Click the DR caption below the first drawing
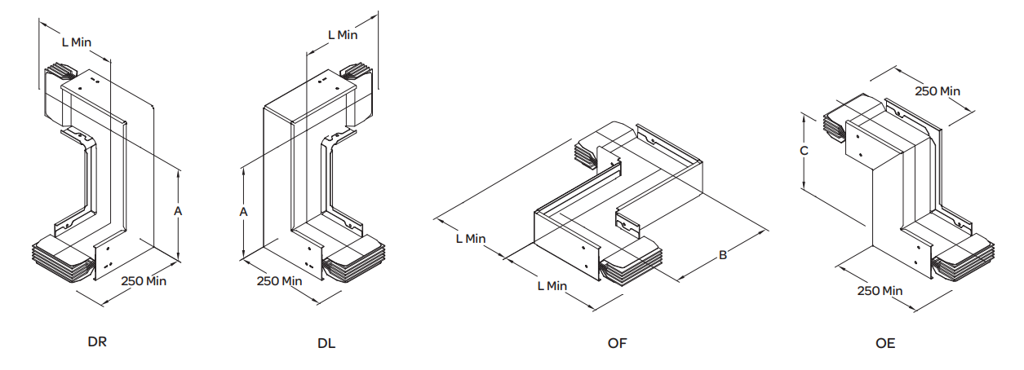click(x=97, y=342)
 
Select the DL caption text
click(x=326, y=343)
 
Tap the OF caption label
click(x=618, y=343)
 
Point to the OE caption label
click(x=885, y=343)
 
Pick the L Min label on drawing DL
click(x=343, y=35)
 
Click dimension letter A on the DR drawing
click(x=178, y=211)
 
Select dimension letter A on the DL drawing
click(x=243, y=211)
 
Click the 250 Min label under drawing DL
click(x=280, y=281)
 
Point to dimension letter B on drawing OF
click(x=723, y=256)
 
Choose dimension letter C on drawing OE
click(x=804, y=152)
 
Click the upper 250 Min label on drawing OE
click(x=938, y=91)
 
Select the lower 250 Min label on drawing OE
click(x=880, y=291)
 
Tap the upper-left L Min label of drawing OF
click(x=471, y=239)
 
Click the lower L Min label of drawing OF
click(x=552, y=286)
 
